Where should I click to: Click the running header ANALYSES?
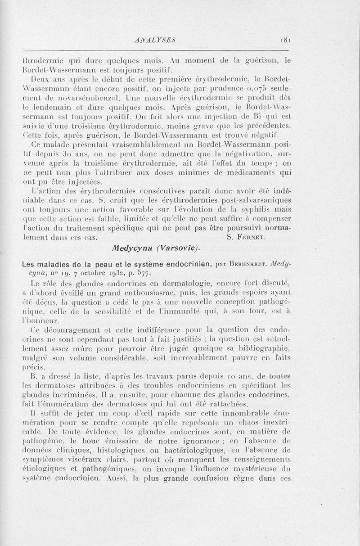coord(155,40)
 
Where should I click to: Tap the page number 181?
coord(285,40)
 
